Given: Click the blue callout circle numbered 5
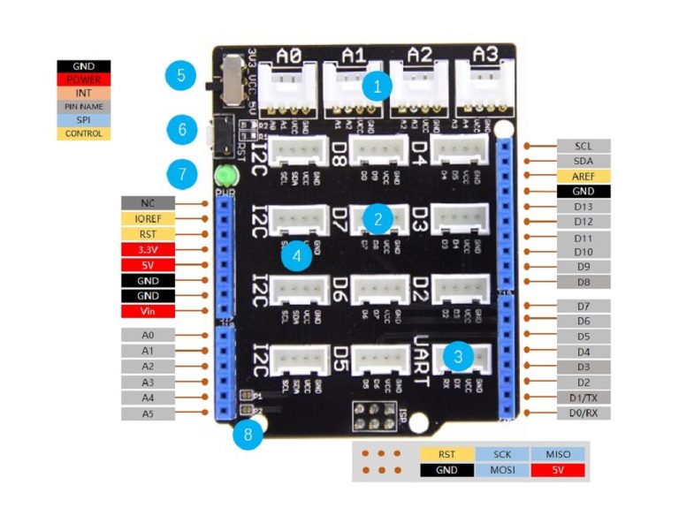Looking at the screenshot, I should [179, 74].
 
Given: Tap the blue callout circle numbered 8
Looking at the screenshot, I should [248, 435].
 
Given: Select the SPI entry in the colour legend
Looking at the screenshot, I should [84, 119].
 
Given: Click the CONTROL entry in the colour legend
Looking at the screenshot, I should [84, 133].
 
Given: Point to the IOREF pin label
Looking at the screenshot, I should [147, 218].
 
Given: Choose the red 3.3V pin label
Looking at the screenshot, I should [147, 250].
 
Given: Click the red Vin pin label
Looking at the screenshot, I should [147, 311].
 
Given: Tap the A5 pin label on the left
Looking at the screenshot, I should [147, 413].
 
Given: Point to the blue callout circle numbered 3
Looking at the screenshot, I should [457, 356].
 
